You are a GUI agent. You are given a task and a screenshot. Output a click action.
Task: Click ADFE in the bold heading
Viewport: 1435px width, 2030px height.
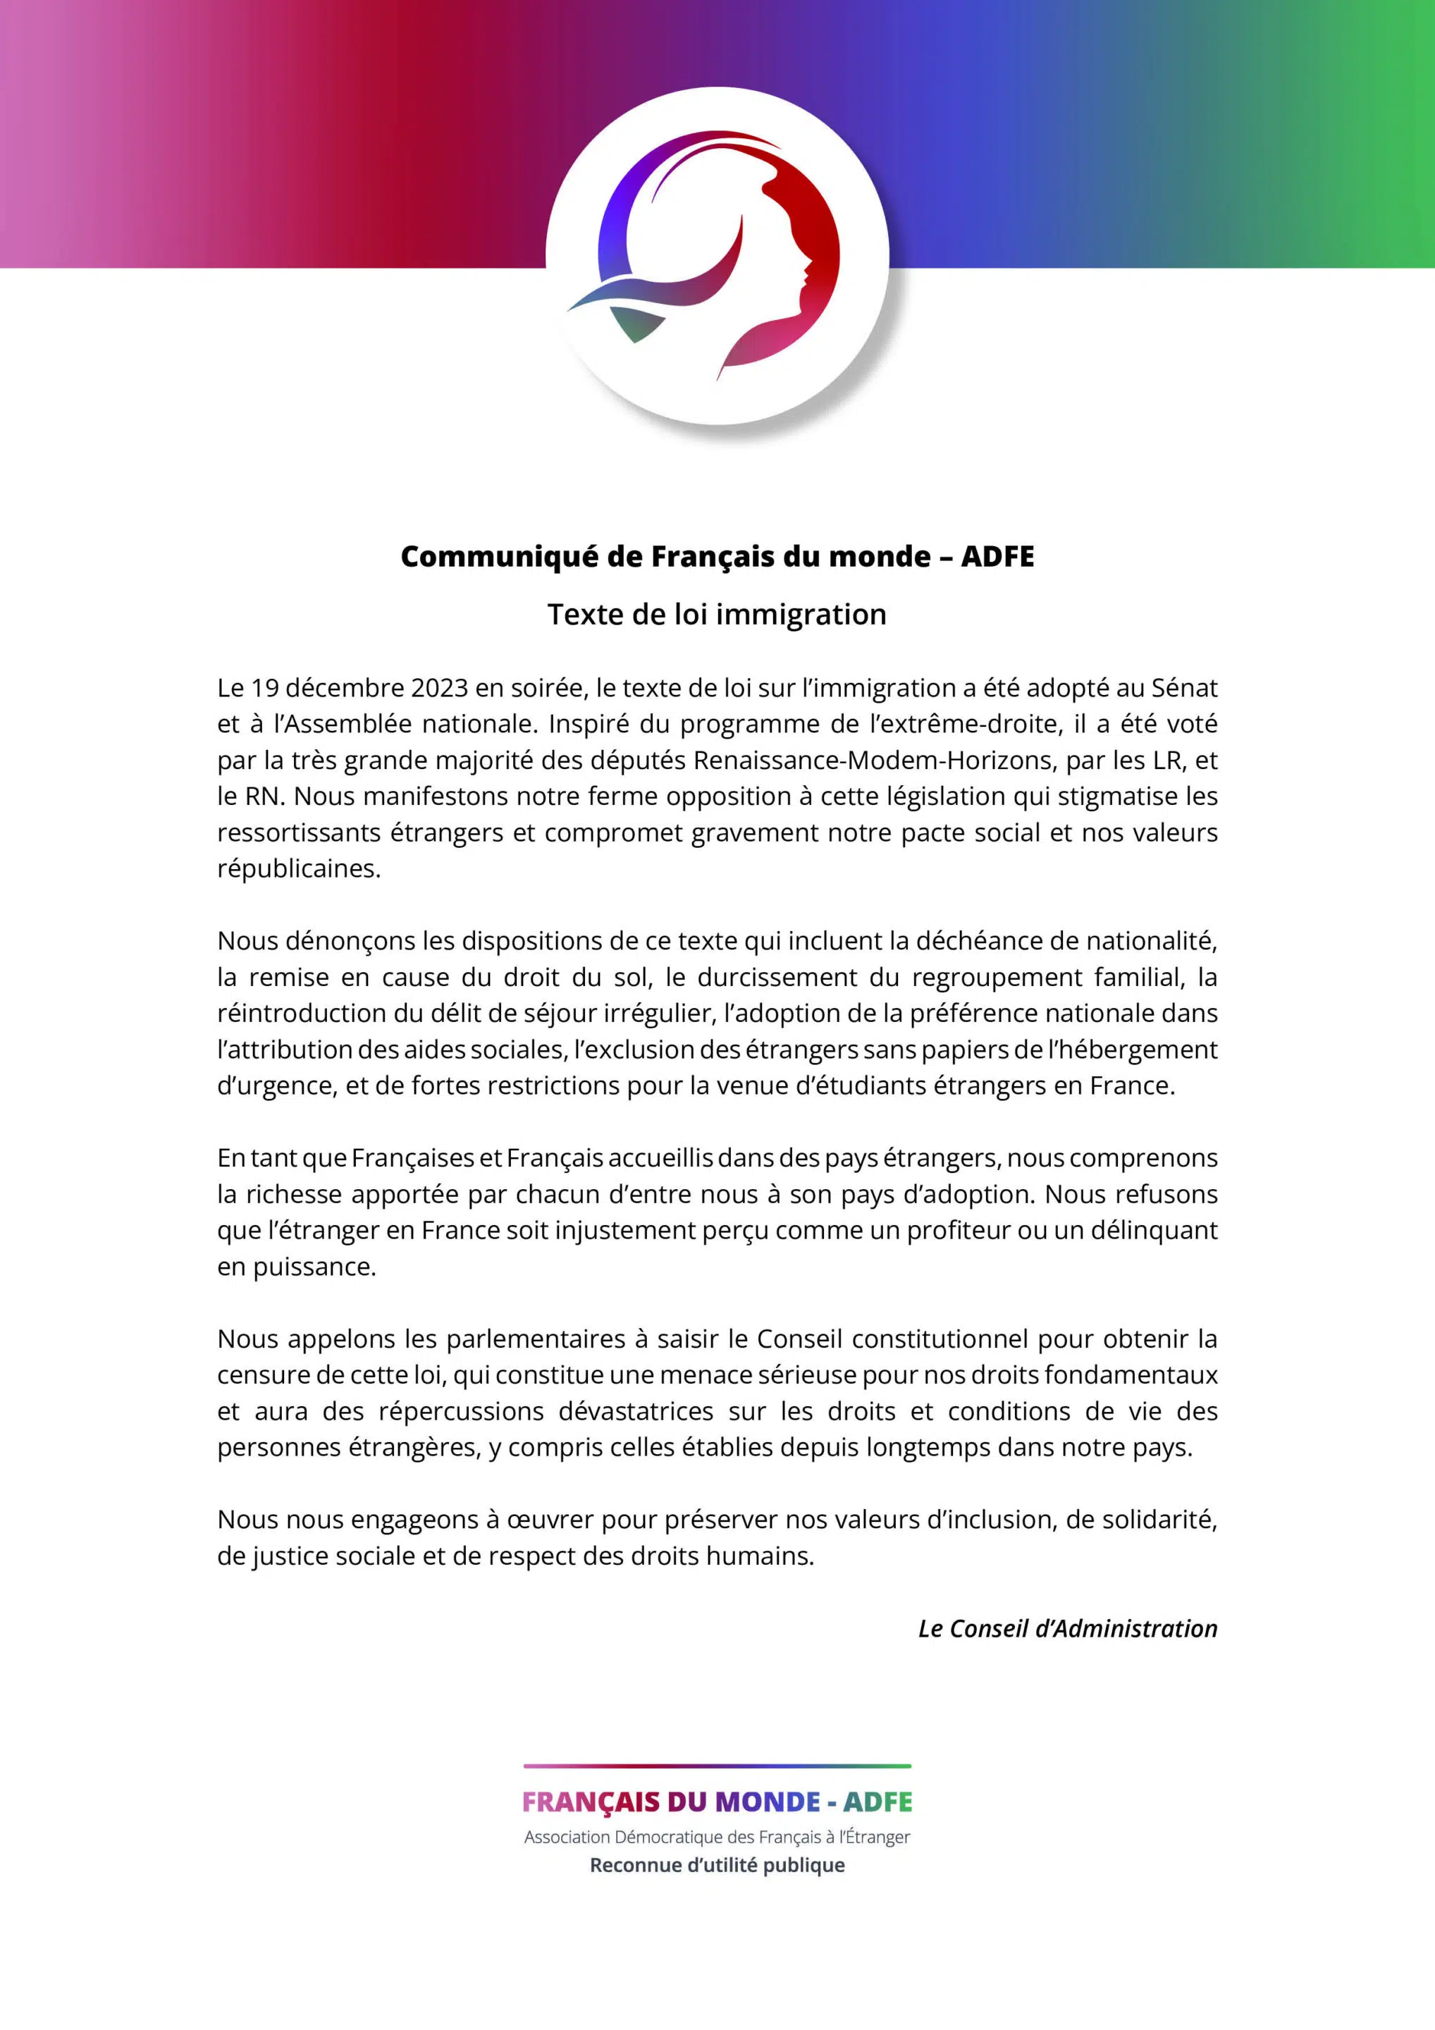[997, 557]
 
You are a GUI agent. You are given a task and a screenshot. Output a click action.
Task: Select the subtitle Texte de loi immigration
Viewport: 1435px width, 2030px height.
[717, 615]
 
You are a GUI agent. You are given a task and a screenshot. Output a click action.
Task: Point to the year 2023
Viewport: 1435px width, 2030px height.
[439, 688]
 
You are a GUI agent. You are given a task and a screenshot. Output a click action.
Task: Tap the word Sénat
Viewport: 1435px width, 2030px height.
[1184, 688]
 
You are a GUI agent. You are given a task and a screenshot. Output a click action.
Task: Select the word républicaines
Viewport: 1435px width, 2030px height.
[299, 869]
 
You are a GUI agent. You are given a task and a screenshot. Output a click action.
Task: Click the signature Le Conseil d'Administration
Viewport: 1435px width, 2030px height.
[1067, 1630]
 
